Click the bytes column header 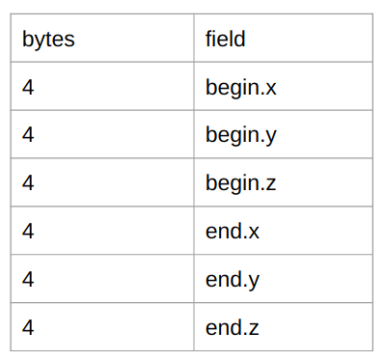pos(48,40)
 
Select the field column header pos(226,40)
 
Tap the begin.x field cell pos(241,88)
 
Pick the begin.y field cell pos(241,136)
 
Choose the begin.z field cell pos(241,183)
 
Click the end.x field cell pos(233,232)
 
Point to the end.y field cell pos(233,280)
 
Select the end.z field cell pos(233,328)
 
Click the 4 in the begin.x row pos(28,88)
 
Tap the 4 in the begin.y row pos(28,136)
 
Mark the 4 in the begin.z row pos(28,183)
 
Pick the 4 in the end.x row pos(28,232)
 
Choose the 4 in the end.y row pos(28,280)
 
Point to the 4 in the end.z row pos(28,328)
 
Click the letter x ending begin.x pos(271,89)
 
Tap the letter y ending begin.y pos(271,138)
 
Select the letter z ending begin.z pos(271,184)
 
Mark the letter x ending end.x pos(254,233)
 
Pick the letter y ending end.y pos(254,282)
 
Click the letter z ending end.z pos(254,329)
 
